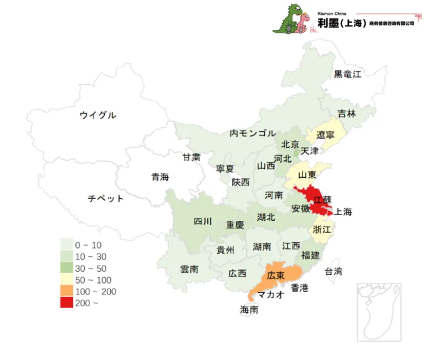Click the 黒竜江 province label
[347, 74]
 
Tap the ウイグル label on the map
[97, 115]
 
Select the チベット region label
[105, 198]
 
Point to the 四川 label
[202, 222]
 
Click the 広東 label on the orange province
[276, 275]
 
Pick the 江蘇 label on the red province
[322, 200]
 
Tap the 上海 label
[343, 212]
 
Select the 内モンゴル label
[252, 134]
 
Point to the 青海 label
[160, 177]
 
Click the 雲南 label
[189, 270]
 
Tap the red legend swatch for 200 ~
[67, 303]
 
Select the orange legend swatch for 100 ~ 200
[67, 292]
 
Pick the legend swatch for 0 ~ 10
[67, 245]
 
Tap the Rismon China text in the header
[332, 14]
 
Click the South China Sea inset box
[378, 312]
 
